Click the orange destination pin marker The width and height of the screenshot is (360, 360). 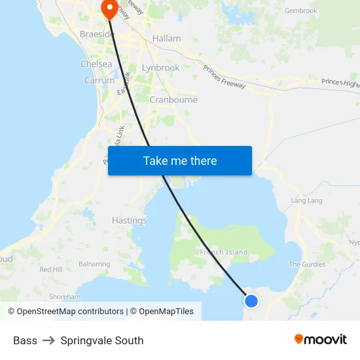point(108,9)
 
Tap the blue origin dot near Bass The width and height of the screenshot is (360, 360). point(251,301)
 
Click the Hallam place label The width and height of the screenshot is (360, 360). point(166,39)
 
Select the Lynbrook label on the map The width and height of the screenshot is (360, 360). point(160,67)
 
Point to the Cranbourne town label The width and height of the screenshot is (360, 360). point(173,100)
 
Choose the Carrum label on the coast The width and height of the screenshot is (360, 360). point(99,81)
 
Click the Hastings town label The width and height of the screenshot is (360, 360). point(130,221)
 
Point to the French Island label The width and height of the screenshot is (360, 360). point(224,252)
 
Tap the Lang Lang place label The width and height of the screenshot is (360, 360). point(307,201)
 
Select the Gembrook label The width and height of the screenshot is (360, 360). point(301,10)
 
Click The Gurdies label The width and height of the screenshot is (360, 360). point(308,264)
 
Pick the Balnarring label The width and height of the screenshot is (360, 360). point(94,264)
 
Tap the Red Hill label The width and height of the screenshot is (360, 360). point(51,270)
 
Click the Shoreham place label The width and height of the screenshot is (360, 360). point(65,297)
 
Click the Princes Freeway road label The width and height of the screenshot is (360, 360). point(224,77)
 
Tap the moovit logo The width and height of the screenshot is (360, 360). point(321,340)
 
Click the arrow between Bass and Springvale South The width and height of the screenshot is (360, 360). point(49,340)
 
